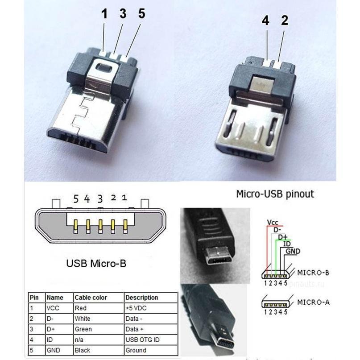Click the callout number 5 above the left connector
coord(142,13)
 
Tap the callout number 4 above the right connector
coord(265,21)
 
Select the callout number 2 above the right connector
coord(285,21)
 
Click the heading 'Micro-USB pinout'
coord(275,194)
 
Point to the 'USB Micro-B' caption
coord(96,263)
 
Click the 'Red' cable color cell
coord(81,308)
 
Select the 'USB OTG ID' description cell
coord(142,339)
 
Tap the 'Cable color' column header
coord(91,298)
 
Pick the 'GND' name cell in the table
coord(53,350)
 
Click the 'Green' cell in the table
coord(83,329)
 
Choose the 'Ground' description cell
coord(136,350)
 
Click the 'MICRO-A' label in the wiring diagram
coord(313,302)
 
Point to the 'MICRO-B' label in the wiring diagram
coord(313,273)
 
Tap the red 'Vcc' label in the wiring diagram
coord(273,222)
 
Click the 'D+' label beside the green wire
coord(283,237)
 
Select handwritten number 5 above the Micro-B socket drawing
coord(76,199)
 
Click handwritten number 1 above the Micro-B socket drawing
coord(124,198)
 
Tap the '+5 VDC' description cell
coord(136,308)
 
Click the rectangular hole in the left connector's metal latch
coord(104,67)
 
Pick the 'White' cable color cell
coord(83,319)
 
